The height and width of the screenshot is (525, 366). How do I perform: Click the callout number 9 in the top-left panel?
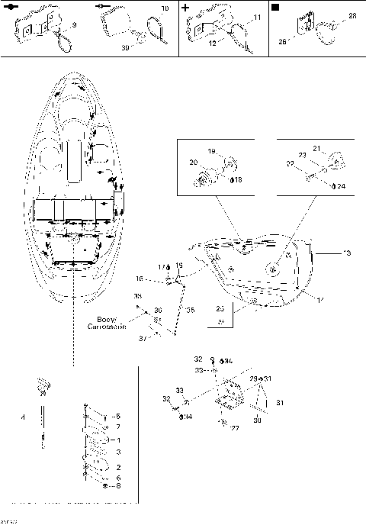pyautogui.click(x=73, y=26)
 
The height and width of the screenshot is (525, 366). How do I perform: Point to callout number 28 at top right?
pyautogui.click(x=352, y=15)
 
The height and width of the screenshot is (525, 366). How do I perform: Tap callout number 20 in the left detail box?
pyautogui.click(x=193, y=163)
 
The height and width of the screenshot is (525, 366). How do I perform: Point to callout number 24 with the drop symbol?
pyautogui.click(x=340, y=185)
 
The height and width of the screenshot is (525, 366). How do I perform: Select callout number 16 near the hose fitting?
pyautogui.click(x=161, y=280)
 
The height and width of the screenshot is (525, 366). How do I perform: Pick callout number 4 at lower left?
pyautogui.click(x=23, y=417)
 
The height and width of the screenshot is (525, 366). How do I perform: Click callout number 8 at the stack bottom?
pyautogui.click(x=117, y=485)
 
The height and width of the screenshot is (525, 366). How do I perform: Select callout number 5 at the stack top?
pyautogui.click(x=117, y=416)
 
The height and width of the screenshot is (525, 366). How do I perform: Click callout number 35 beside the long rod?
pyautogui.click(x=190, y=310)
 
